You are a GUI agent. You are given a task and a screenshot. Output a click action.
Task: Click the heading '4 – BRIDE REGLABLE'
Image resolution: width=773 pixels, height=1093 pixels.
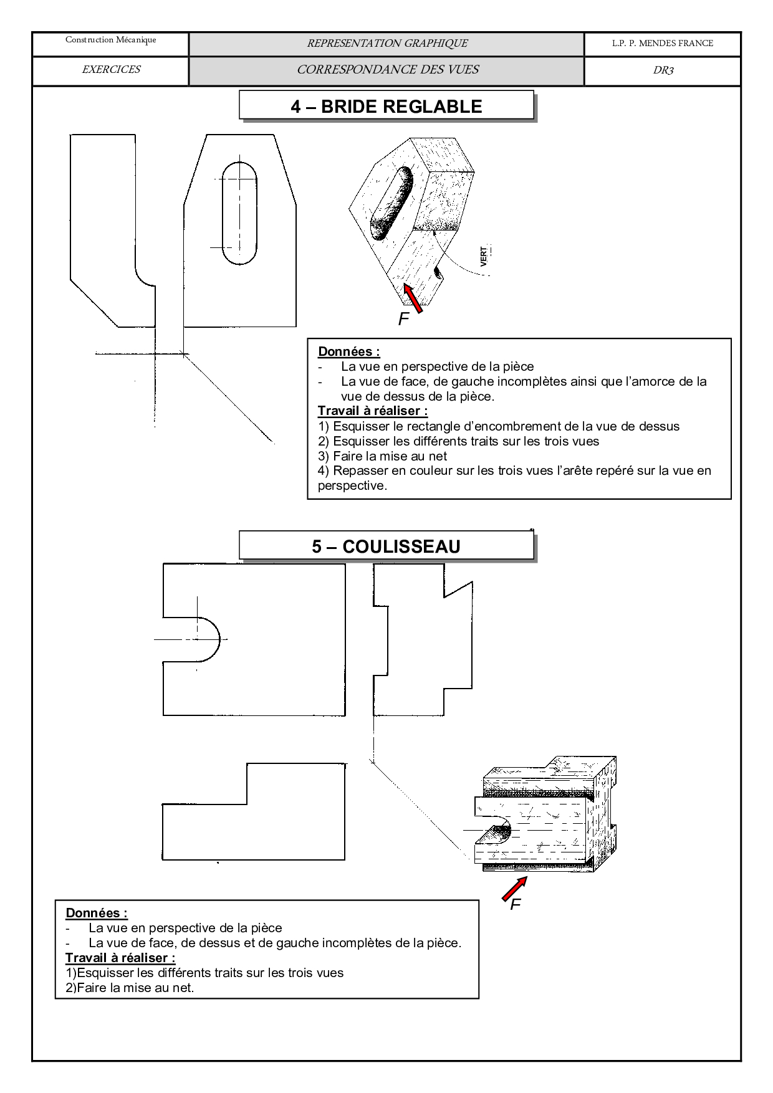click(386, 107)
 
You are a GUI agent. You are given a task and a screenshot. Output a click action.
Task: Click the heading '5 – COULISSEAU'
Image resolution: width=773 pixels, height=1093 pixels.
click(386, 546)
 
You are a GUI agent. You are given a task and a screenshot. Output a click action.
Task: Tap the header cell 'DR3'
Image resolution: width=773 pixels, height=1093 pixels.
click(663, 70)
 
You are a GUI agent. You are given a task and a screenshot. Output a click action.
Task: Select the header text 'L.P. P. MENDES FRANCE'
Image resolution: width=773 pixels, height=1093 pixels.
click(662, 43)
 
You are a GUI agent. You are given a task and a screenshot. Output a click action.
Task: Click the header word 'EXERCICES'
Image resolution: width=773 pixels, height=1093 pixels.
click(111, 70)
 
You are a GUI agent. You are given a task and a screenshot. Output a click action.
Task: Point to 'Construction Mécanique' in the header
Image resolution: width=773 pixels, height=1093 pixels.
click(111, 41)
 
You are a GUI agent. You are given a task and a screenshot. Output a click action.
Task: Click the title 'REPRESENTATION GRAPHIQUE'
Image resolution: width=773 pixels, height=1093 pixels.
click(387, 43)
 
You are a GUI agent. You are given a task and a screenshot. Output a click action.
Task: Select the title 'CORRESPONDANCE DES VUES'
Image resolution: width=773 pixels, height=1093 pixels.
click(388, 70)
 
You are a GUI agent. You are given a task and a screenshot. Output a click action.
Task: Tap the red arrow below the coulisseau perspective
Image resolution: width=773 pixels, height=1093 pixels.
click(515, 889)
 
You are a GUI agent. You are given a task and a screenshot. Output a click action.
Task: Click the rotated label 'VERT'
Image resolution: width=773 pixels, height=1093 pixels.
click(484, 257)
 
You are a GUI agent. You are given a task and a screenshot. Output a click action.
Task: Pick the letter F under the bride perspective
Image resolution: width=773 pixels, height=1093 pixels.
click(403, 320)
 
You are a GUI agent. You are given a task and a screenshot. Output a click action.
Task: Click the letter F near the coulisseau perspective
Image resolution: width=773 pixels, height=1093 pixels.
click(515, 905)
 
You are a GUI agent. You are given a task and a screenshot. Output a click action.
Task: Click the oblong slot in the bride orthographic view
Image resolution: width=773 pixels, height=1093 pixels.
click(239, 213)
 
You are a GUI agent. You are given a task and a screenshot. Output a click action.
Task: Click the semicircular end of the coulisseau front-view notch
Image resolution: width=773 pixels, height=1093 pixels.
click(211, 639)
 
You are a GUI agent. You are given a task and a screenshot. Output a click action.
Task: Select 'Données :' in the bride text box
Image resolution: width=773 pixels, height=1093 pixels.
click(348, 351)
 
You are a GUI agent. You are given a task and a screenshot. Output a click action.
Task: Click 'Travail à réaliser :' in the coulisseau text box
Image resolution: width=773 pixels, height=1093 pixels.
click(120, 958)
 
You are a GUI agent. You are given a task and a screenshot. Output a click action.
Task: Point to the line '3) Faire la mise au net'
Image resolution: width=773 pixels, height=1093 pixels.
click(382, 456)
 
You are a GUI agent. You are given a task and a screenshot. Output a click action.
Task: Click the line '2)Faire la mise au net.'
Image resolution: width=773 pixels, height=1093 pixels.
click(130, 988)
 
